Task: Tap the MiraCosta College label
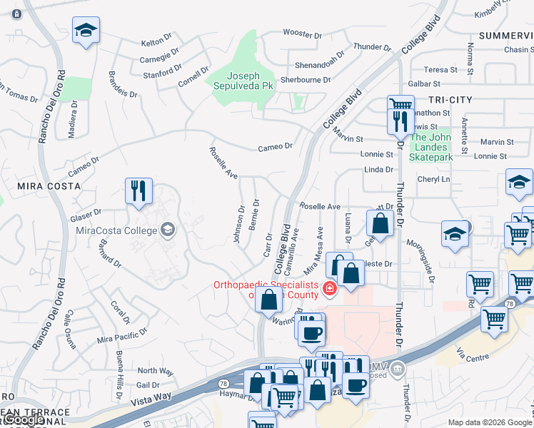(x=116, y=229)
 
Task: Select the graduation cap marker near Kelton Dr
(x=86, y=31)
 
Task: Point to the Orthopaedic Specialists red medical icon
(x=329, y=289)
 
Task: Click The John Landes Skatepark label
(x=431, y=147)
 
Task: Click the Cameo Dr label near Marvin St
(x=276, y=146)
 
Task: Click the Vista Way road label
(x=152, y=399)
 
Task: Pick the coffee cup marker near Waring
(x=311, y=332)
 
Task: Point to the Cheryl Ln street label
(x=435, y=180)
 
